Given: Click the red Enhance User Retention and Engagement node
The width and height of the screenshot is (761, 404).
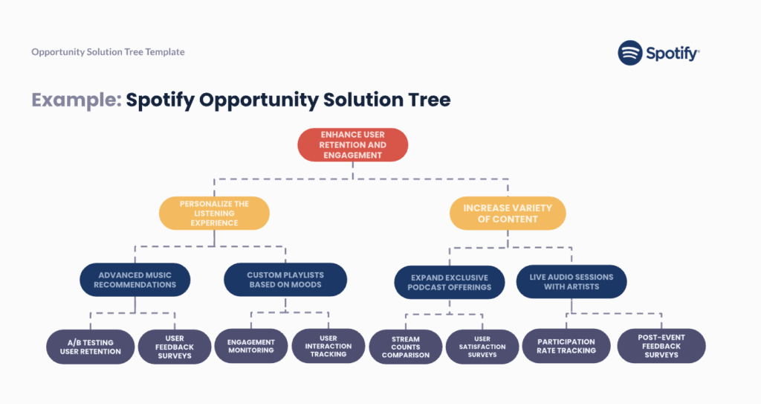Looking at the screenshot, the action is (x=353, y=145).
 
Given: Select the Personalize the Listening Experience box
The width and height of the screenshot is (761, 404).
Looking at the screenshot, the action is (x=214, y=213).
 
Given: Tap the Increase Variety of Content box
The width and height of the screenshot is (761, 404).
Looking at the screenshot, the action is (x=508, y=214).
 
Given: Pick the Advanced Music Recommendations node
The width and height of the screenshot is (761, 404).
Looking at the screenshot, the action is (x=135, y=280).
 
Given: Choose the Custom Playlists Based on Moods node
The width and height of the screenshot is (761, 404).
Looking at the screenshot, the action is (x=285, y=280).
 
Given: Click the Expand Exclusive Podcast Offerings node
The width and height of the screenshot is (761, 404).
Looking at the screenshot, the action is (x=450, y=283).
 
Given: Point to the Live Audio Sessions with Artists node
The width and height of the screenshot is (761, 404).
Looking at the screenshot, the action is (x=571, y=281).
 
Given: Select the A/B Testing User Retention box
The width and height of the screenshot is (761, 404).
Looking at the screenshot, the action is (x=90, y=347).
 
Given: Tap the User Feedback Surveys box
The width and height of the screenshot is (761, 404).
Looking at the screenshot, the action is (x=175, y=347).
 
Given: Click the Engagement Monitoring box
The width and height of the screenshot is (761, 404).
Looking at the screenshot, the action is (x=251, y=346).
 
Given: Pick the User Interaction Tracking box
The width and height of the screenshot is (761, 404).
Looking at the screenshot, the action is (x=328, y=346).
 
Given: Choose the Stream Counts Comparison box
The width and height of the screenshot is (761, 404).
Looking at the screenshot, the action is (x=406, y=347).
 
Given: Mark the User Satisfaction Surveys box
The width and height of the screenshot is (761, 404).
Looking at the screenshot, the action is (x=482, y=347).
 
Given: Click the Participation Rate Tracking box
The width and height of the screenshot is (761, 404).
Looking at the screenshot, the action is (x=566, y=346).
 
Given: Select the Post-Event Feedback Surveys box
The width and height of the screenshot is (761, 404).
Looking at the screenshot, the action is (x=661, y=346).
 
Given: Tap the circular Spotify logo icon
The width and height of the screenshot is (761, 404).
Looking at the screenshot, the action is (x=630, y=53).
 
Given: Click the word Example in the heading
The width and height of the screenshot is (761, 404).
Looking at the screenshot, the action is (x=77, y=100).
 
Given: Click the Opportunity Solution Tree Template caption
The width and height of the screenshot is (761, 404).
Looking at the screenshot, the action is (x=108, y=51).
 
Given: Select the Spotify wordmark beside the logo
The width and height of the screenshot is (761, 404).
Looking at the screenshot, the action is (x=673, y=54).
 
